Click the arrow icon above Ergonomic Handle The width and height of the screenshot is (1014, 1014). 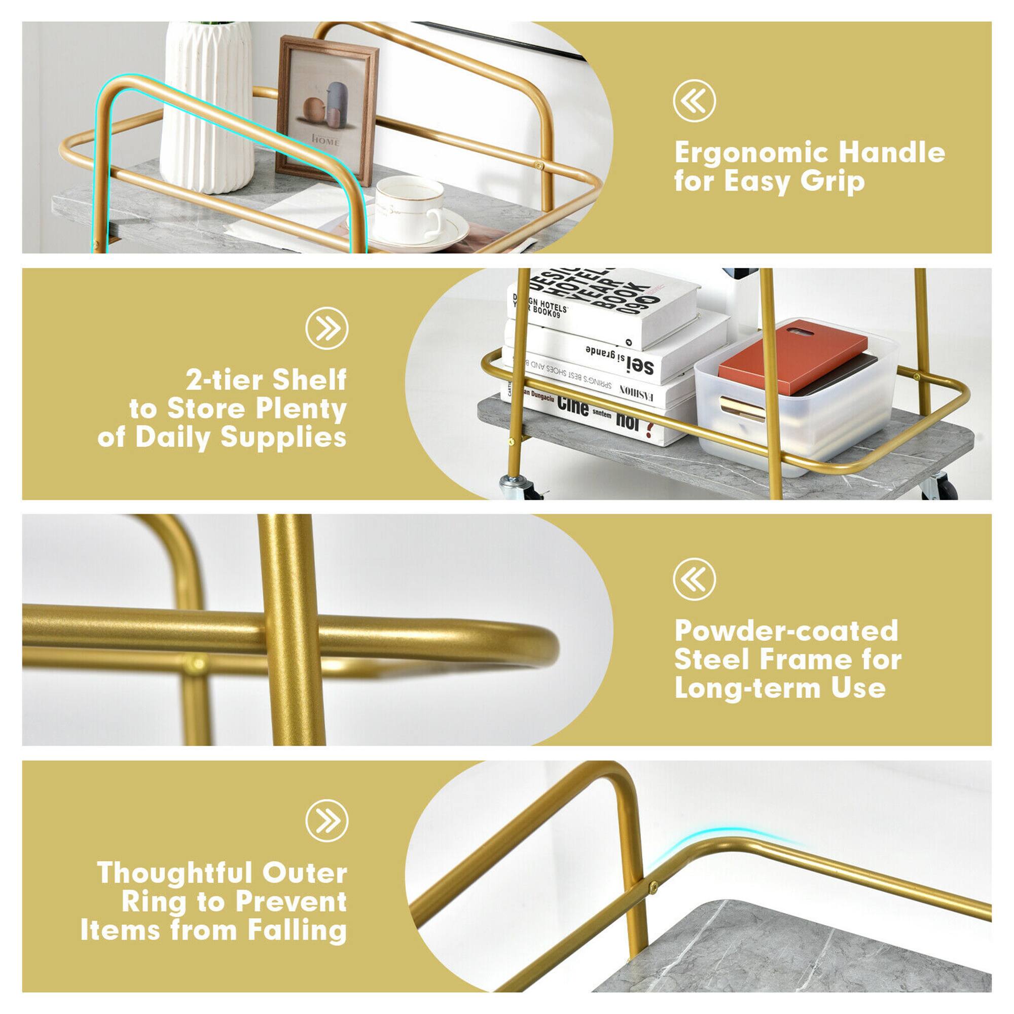[694, 101]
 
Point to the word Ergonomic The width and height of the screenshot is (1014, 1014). [751, 153]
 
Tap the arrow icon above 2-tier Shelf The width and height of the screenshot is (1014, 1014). [327, 328]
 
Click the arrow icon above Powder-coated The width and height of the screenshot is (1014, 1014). [694, 579]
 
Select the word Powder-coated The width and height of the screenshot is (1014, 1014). [786, 630]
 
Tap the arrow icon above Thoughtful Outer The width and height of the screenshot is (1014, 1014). [327, 820]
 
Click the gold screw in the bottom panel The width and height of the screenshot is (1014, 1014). [654, 888]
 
